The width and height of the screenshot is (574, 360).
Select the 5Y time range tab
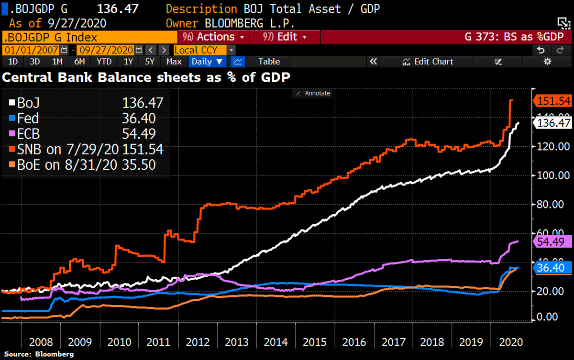(x=150, y=61)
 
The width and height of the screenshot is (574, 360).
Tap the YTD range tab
(x=104, y=61)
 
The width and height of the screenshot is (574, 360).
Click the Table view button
(x=269, y=61)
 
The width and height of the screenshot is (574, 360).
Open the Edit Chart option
(x=428, y=61)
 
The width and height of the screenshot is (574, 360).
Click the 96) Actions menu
(x=212, y=37)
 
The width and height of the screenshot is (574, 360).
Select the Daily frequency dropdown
(x=207, y=61)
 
